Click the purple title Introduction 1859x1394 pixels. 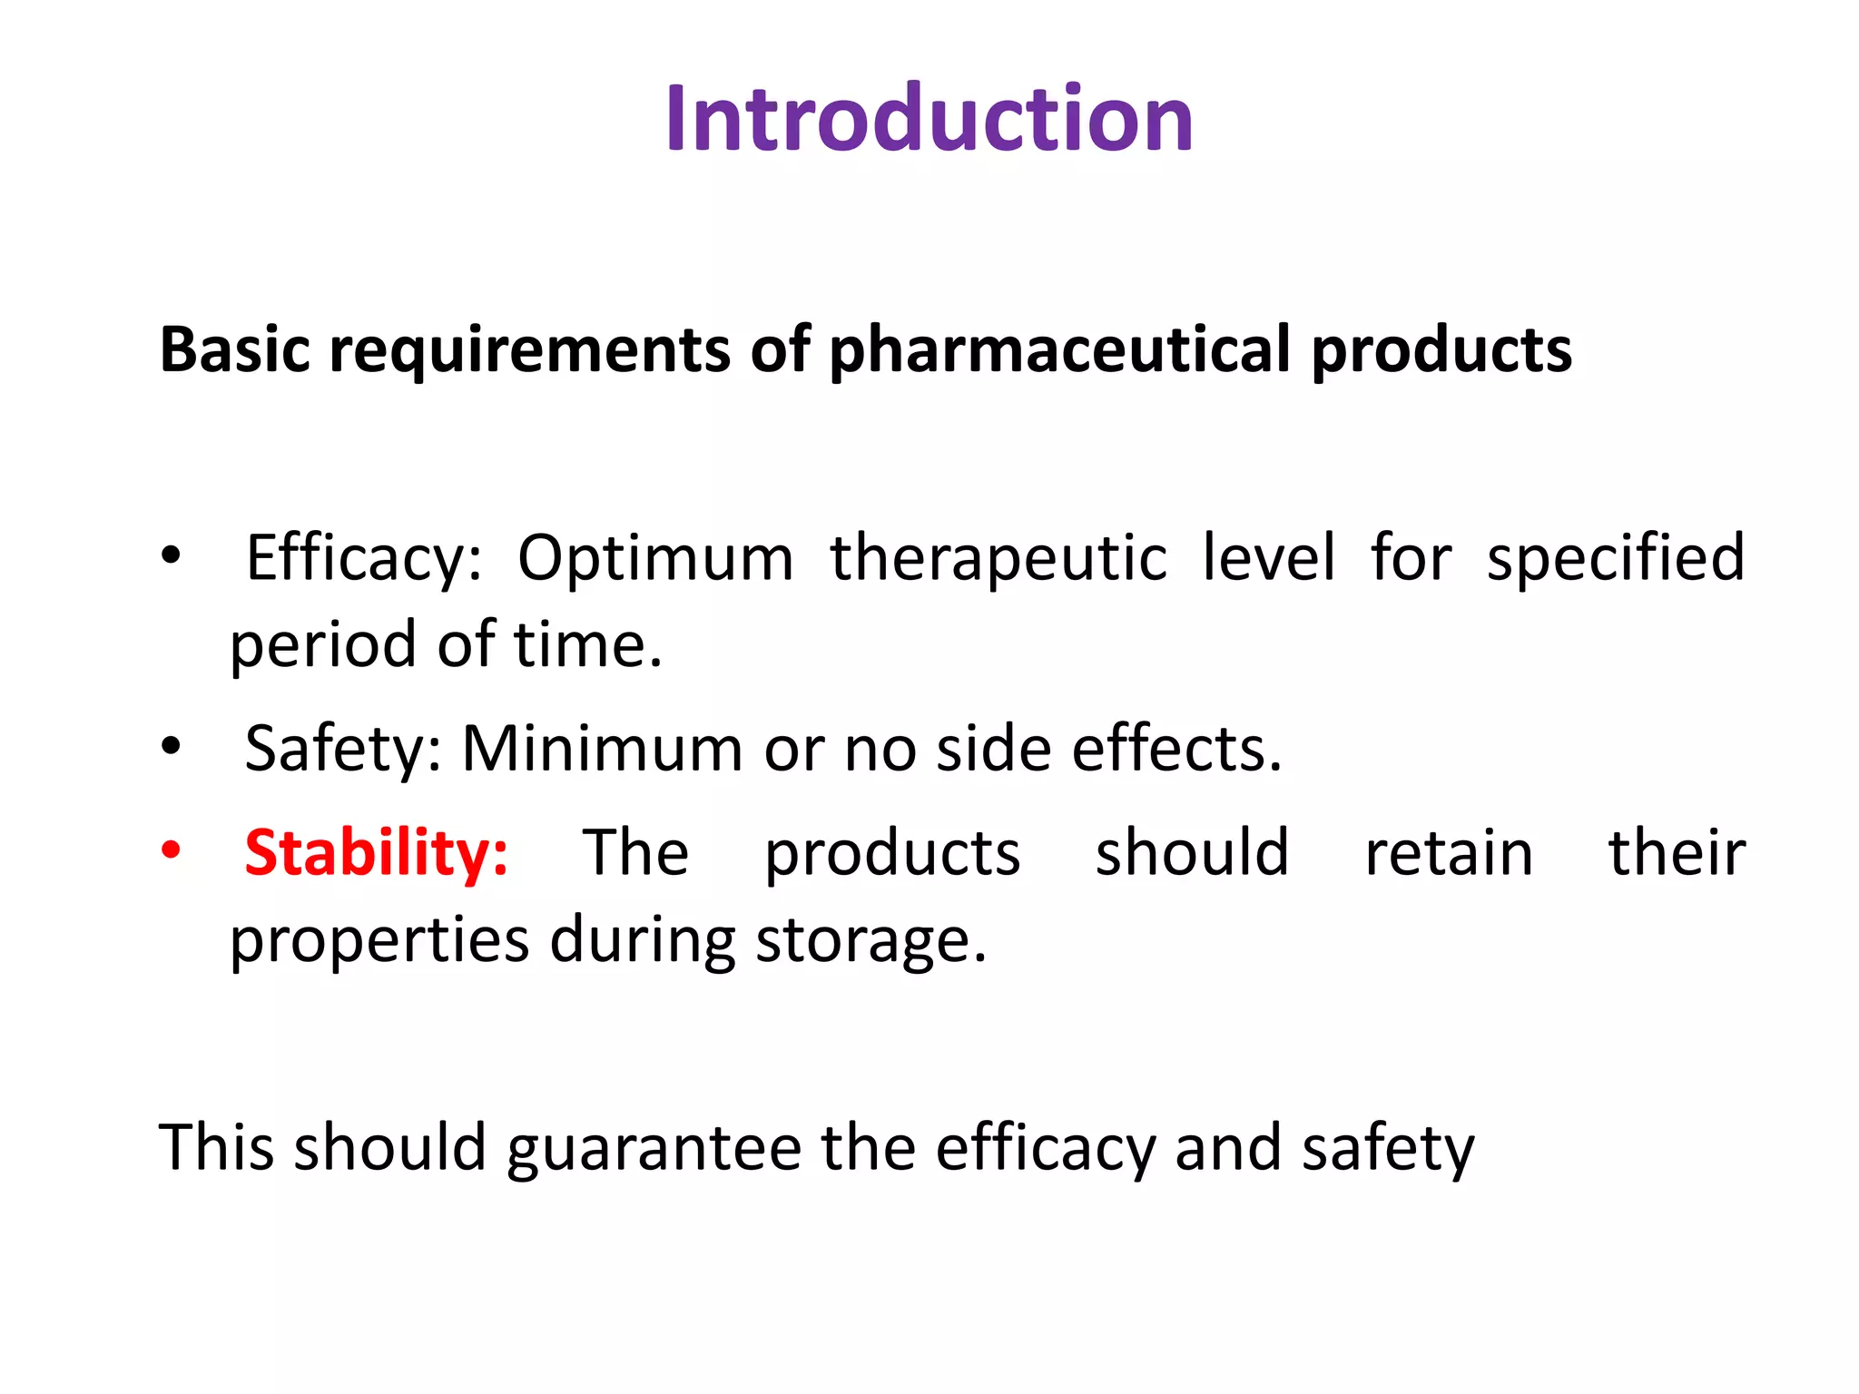click(x=929, y=119)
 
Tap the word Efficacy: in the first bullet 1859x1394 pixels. click(x=363, y=558)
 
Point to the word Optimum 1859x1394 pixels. click(x=654, y=558)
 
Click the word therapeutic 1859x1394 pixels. click(x=998, y=558)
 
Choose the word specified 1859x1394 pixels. click(x=1615, y=558)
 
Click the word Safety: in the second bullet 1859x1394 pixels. click(x=343, y=750)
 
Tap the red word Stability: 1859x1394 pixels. click(x=376, y=853)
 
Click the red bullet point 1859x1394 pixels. click(x=171, y=851)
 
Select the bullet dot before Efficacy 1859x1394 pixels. click(x=171, y=555)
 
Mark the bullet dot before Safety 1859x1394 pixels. click(x=171, y=747)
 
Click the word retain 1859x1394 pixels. click(x=1449, y=853)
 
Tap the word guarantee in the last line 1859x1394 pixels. click(x=654, y=1149)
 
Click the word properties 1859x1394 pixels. click(x=379, y=942)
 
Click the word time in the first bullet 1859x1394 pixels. click(x=586, y=644)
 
